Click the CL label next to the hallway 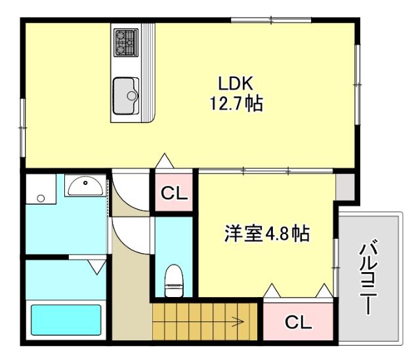coord(175,193)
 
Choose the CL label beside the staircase coord(298,323)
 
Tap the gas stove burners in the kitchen coord(124,42)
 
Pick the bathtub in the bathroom coord(67,321)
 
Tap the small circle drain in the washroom coord(41,198)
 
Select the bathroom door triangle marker coord(97,266)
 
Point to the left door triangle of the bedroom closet coord(270,290)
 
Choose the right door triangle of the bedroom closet coord(324,290)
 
